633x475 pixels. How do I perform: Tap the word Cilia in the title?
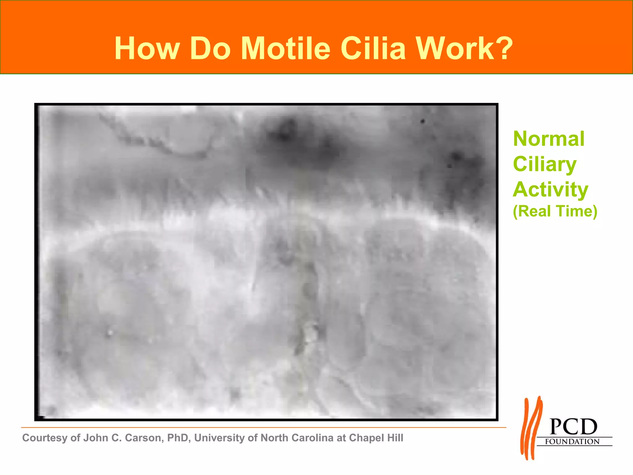(373, 49)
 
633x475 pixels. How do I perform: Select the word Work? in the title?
(464, 49)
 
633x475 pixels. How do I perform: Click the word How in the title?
(147, 49)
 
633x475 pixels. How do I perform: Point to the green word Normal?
(549, 139)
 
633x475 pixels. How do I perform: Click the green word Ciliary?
(545, 164)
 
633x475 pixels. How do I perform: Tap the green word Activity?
(550, 189)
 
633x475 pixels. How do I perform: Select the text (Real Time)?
(555, 212)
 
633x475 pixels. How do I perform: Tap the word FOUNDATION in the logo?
(572, 442)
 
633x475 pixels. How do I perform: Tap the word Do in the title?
(210, 49)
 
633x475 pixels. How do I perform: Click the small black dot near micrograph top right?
(423, 121)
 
